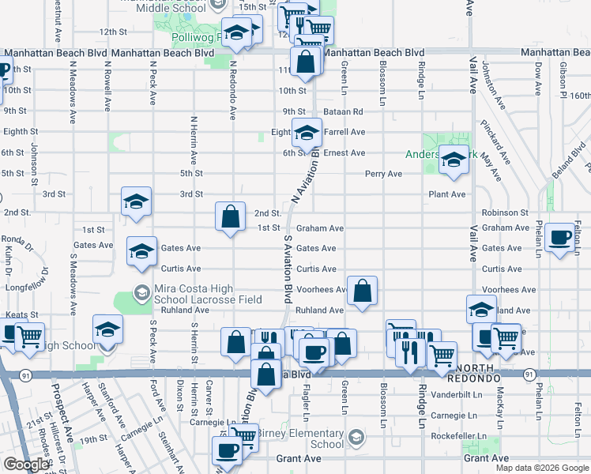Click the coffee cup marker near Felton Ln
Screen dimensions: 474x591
[560, 237]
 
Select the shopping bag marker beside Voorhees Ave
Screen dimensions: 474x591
[362, 292]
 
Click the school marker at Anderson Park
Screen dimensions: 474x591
[454, 161]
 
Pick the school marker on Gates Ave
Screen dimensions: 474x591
[142, 251]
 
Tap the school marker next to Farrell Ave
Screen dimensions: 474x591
[307, 133]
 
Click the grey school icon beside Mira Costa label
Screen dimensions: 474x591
[141, 293]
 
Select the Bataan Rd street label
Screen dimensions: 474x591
[346, 111]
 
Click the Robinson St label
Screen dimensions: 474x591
[505, 213]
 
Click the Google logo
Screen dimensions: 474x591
[26, 465]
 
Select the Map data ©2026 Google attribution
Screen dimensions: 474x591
[541, 468]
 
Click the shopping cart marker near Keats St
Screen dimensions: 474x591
[30, 337]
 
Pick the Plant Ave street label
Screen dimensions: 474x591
[446, 194]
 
